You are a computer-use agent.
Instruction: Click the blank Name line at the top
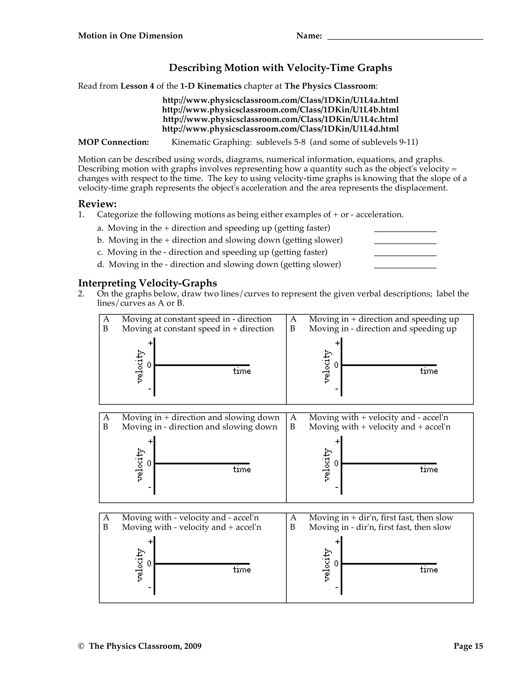coord(405,37)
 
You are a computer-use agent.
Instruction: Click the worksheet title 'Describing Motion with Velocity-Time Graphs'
coord(280,68)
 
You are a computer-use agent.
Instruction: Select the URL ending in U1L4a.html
coord(280,100)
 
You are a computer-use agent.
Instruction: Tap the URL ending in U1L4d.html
coord(280,129)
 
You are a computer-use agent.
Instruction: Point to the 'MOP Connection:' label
coord(113,142)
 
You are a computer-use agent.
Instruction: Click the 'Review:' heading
coord(97,204)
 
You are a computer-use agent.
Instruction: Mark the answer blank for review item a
coord(405,229)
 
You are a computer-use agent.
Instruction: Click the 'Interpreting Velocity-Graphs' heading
coord(147,283)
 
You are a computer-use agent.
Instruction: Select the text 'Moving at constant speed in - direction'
coord(197,319)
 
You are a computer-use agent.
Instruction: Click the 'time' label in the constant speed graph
coord(242,371)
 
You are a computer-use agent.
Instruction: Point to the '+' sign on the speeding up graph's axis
coord(337,343)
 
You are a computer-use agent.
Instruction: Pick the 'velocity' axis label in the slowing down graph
coord(140,465)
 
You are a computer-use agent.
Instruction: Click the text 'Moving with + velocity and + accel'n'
coord(380,427)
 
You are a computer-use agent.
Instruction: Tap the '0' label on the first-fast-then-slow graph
coord(336,564)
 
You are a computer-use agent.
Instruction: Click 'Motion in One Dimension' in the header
coord(130,36)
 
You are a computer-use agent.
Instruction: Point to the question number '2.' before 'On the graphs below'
coord(81,294)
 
